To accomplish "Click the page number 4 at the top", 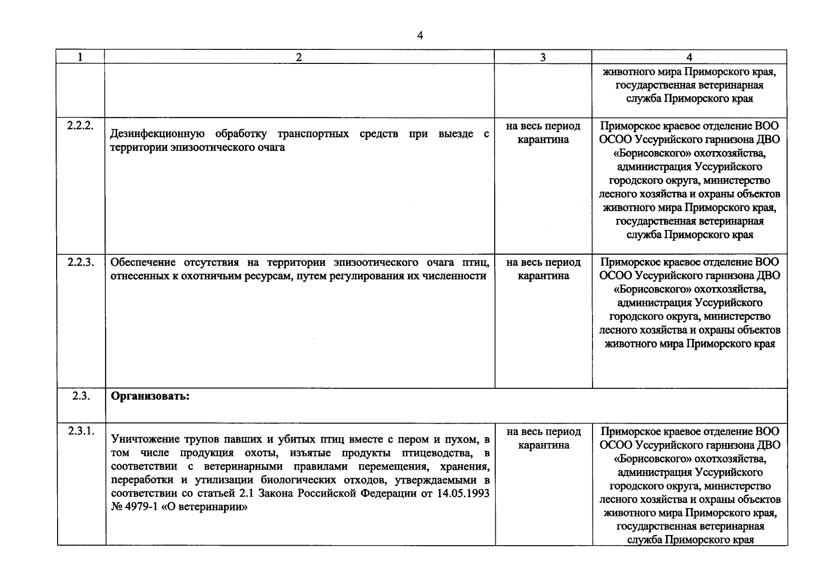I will pyautogui.click(x=420, y=35).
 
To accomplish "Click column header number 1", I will pyautogui.click(x=80, y=57).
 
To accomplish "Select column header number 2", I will pyautogui.click(x=299, y=57).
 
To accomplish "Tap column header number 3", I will pyautogui.click(x=543, y=57).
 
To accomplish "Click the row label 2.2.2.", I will pyautogui.click(x=80, y=125).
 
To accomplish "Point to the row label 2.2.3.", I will pyautogui.click(x=80, y=262).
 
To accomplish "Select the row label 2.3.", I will pyautogui.click(x=80, y=396).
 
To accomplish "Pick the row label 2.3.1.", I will pyautogui.click(x=80, y=431).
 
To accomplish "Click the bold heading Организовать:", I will pyautogui.click(x=150, y=396).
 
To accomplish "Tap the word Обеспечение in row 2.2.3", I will pyautogui.click(x=143, y=262).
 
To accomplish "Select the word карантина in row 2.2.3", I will pyautogui.click(x=543, y=276).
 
